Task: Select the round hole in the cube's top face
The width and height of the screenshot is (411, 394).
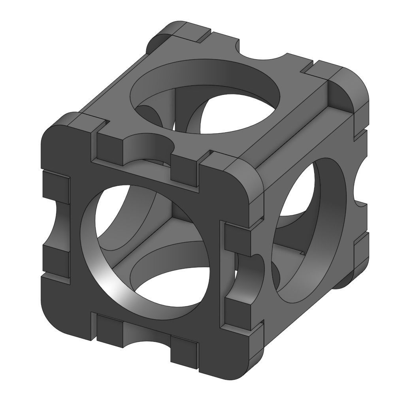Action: coord(205,97)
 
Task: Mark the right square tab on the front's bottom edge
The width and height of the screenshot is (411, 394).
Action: coord(184,350)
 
